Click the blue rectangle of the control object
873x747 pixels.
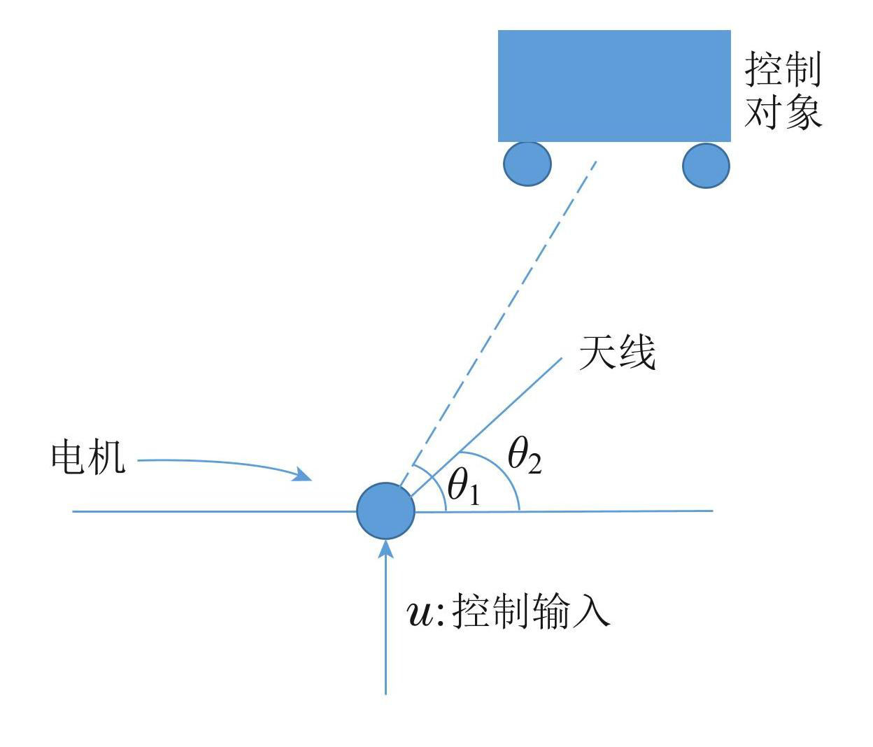point(614,85)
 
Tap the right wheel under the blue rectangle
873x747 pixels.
point(706,166)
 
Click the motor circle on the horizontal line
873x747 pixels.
point(385,511)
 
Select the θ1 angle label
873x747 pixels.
point(463,487)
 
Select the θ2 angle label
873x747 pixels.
point(525,457)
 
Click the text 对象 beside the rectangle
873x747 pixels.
point(783,112)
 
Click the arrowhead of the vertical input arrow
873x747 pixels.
point(385,548)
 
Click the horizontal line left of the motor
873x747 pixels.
point(210,511)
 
